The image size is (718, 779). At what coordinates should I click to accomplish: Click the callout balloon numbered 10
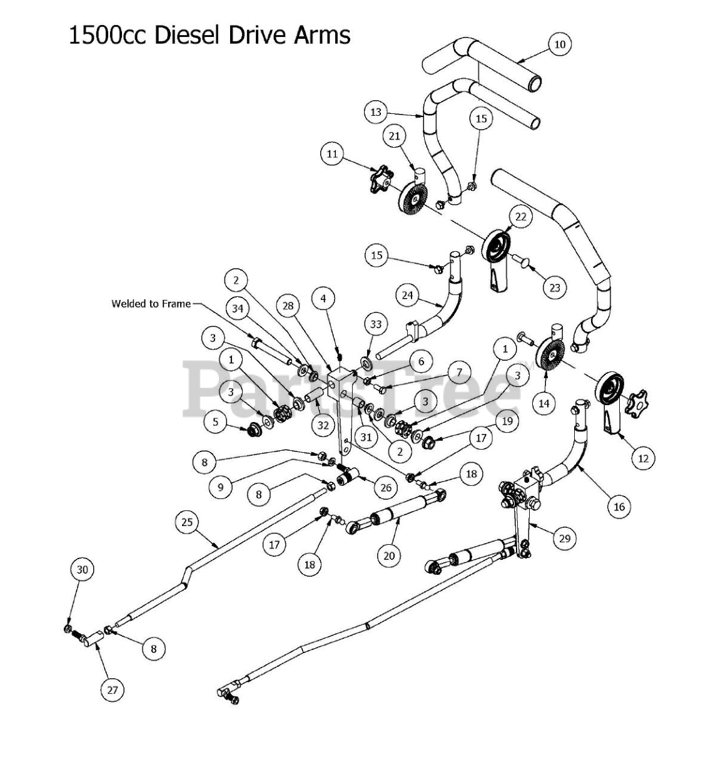click(x=559, y=44)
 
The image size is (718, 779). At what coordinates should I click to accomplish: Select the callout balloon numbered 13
click(x=376, y=112)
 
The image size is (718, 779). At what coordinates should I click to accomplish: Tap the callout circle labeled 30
click(x=83, y=569)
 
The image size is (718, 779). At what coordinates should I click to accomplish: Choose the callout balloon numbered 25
click(x=188, y=522)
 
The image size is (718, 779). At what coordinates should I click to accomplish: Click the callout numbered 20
click(x=389, y=555)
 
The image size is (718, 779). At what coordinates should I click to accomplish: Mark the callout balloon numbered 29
click(x=565, y=538)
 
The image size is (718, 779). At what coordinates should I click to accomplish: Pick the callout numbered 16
click(x=619, y=506)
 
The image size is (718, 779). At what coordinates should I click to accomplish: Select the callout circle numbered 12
click(x=643, y=458)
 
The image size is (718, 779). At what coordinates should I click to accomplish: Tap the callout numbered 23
click(x=554, y=287)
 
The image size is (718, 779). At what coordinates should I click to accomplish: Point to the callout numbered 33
click(x=376, y=324)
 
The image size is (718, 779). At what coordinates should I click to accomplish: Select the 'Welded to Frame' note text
click(x=151, y=304)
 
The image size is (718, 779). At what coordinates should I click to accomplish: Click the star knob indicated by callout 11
click(x=380, y=180)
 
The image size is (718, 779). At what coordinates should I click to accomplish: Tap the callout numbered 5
click(x=216, y=422)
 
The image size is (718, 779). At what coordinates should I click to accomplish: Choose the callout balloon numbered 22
click(x=521, y=217)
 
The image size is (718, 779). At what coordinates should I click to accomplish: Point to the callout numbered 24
click(x=408, y=294)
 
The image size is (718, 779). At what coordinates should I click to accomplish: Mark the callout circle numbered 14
click(x=544, y=403)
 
